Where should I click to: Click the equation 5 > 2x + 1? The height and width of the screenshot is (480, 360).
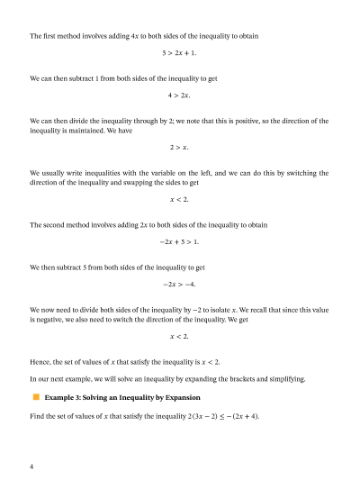[x=179, y=54]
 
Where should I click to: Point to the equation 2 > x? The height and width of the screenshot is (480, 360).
[x=179, y=146]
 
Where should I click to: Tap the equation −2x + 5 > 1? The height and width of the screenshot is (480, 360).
[x=179, y=241]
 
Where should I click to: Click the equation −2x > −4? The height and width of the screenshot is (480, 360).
[x=179, y=283]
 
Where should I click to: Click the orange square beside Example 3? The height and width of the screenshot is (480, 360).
[x=37, y=396]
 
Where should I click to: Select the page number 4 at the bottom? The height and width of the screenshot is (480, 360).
[x=31, y=466]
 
